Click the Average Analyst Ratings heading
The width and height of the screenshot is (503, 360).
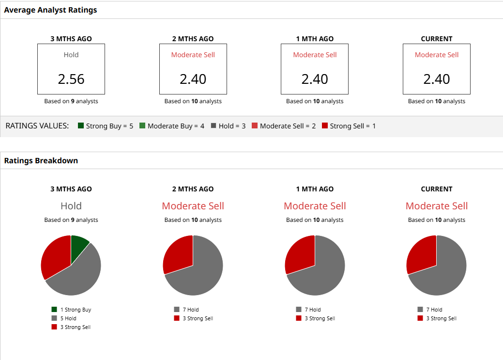tap(50, 10)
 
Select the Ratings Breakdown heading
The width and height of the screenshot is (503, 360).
tap(41, 160)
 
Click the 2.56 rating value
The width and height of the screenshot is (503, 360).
tap(71, 79)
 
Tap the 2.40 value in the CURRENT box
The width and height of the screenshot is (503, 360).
tap(437, 79)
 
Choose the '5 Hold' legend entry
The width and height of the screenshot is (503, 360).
tap(68, 318)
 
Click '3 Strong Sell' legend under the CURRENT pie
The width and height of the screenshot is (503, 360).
tap(441, 318)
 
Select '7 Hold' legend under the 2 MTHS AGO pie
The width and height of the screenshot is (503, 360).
tap(190, 310)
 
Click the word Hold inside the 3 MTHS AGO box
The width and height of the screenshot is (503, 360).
tap(71, 55)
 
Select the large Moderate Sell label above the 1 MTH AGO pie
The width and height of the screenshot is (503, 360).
tap(315, 206)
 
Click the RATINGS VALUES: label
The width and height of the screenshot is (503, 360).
tap(37, 126)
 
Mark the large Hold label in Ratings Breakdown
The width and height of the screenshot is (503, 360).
tap(71, 206)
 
